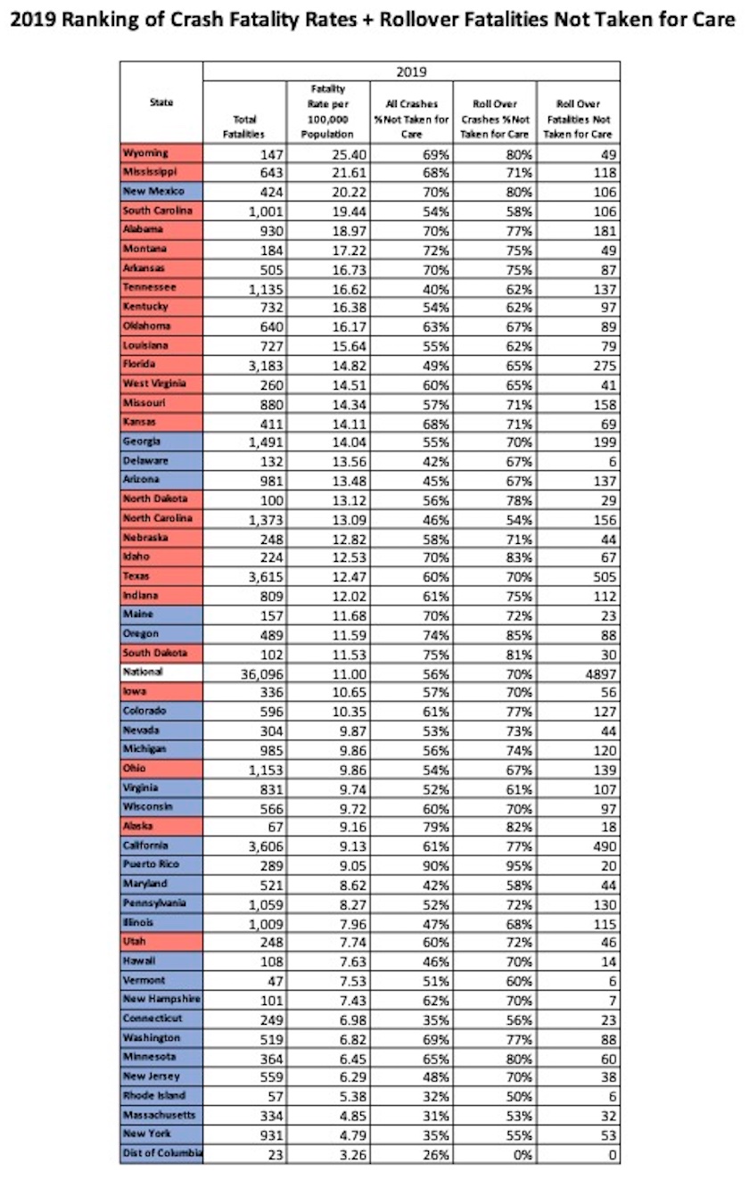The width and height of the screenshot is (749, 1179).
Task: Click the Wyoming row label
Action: coord(144,153)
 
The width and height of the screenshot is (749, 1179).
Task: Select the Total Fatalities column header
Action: coord(243,126)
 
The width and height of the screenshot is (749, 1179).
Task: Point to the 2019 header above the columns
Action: coord(411,72)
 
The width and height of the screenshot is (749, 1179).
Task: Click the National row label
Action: coord(144,672)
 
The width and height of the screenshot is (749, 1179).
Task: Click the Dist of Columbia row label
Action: coord(161,1153)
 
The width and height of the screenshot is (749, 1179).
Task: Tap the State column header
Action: coord(161,103)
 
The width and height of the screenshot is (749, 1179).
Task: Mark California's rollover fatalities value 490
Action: coord(599,846)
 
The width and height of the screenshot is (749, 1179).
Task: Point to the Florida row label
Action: coord(139,365)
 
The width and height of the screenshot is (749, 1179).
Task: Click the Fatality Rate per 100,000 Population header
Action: coord(328,111)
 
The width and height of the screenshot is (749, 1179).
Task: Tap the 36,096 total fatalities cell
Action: coord(259,673)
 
